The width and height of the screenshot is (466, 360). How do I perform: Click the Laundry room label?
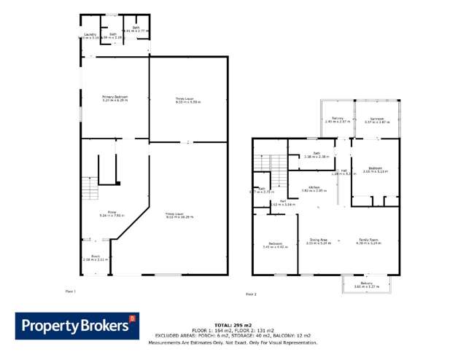tap(90, 34)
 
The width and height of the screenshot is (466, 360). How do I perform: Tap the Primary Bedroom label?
tap(114, 97)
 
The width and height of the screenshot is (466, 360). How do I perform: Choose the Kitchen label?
tap(314, 187)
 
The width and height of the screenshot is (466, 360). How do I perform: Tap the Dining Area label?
tap(319, 240)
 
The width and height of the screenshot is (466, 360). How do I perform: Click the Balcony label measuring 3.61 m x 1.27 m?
tap(367, 285)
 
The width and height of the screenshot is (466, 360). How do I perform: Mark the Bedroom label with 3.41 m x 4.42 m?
tap(275, 245)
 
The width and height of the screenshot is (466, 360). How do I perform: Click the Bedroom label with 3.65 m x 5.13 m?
tap(376, 169)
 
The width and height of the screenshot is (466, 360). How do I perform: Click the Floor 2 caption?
tap(251, 294)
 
